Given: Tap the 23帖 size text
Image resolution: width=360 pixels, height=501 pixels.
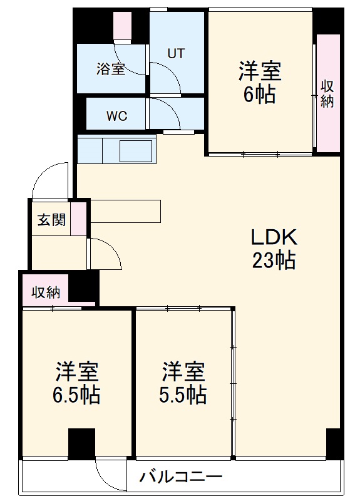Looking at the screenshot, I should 274,260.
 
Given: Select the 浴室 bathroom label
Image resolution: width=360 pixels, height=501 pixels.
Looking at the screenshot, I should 110,69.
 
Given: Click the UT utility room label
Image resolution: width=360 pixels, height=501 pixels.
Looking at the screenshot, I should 175,54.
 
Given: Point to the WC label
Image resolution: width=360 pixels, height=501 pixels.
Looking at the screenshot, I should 116,116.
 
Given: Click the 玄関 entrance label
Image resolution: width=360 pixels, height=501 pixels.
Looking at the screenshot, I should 51,220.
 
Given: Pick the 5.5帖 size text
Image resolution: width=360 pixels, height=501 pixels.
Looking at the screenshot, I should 183,395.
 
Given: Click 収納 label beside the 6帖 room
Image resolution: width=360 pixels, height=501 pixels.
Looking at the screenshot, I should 327,93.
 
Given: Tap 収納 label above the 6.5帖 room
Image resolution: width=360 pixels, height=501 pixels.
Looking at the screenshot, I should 46,292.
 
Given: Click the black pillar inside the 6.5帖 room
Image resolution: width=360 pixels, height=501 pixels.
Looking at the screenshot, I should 81,444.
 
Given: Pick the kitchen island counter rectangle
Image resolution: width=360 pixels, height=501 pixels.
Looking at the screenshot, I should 125,211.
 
